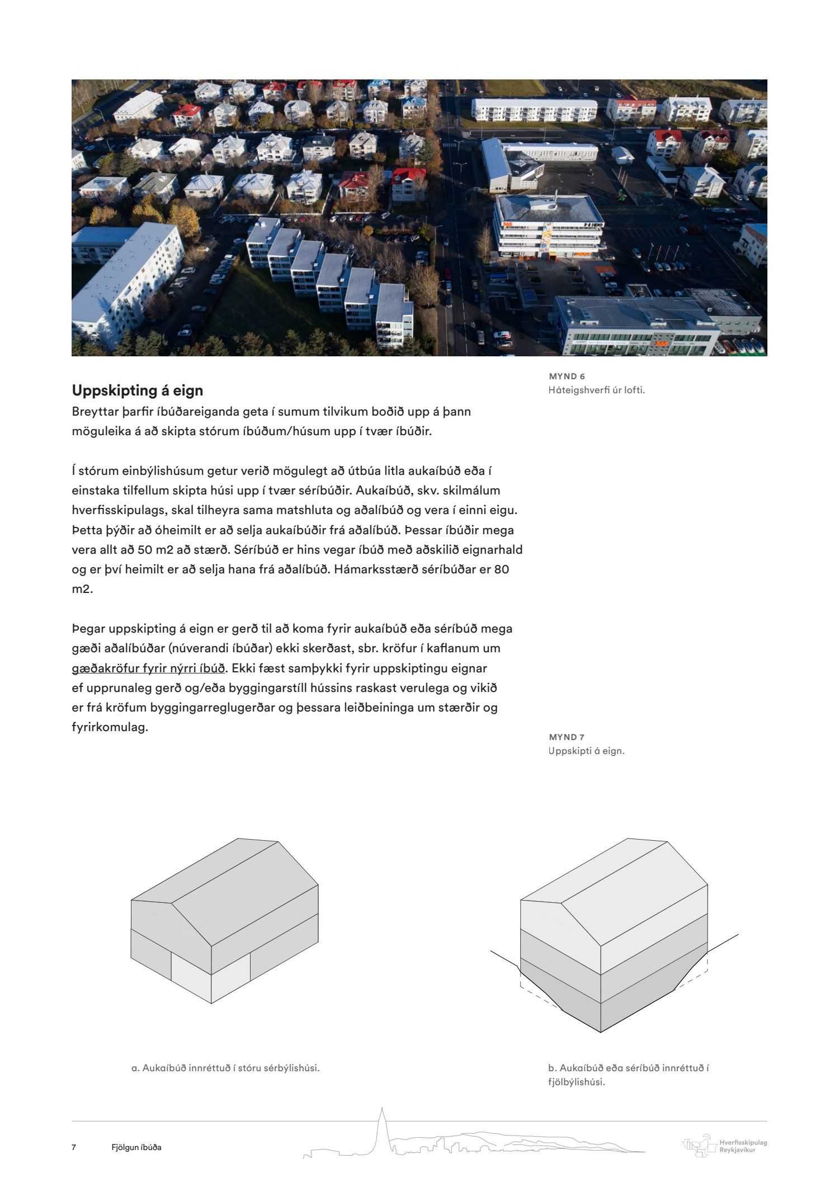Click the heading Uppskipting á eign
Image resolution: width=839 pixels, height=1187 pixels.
tap(137, 390)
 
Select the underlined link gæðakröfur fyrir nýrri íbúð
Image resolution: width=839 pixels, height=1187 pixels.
tap(148, 668)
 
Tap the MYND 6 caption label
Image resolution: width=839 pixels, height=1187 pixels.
tap(567, 376)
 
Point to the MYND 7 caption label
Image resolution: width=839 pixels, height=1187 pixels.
tap(567, 737)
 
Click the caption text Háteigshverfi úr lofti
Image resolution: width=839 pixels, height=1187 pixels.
tap(596, 390)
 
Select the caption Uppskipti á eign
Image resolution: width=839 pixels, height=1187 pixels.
tap(586, 751)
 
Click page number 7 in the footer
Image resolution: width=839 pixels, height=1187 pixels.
tap(74, 1147)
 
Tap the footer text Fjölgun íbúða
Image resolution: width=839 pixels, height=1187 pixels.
tap(136, 1147)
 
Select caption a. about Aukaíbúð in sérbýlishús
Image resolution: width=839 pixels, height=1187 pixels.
tap(225, 1068)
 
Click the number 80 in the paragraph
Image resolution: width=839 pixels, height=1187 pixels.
tap(502, 569)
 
